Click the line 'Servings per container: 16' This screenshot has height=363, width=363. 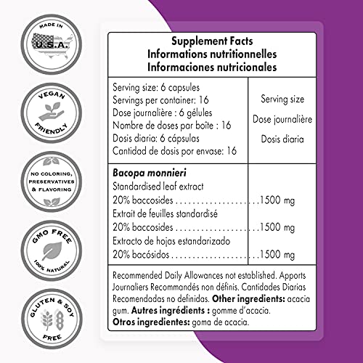(171, 99)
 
